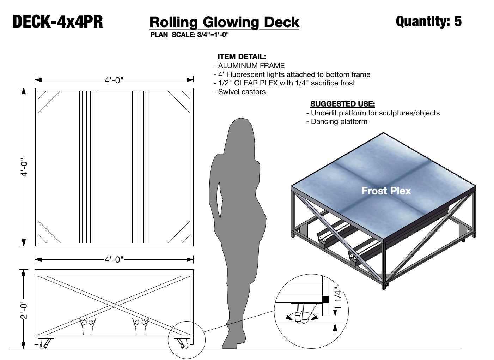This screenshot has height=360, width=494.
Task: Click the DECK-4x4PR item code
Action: coord(58,22)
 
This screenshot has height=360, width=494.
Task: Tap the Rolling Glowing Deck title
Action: coord(224,22)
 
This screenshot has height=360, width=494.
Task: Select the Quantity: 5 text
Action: coord(428,21)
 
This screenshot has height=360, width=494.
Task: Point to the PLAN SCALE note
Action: coord(189,35)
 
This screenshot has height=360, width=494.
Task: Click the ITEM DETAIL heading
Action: coord(242,56)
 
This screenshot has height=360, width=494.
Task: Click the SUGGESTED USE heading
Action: coord(342,104)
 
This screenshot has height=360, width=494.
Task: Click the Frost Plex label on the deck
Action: coord(386,191)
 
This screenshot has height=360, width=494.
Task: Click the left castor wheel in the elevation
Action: coord(44,343)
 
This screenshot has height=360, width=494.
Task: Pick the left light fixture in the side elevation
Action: coord(87,325)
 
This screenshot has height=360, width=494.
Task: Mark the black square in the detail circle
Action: coord(325,299)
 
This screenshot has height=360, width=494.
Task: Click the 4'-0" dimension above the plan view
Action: coord(114,80)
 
